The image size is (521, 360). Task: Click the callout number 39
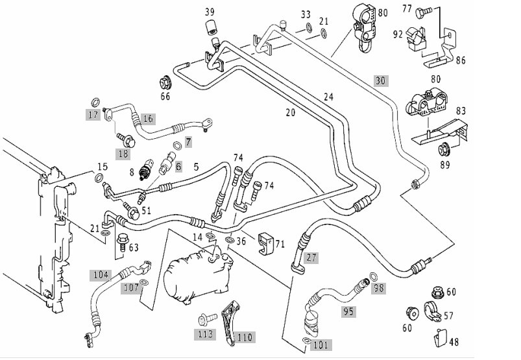coord(210,12)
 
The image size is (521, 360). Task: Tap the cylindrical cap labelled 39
coord(212,27)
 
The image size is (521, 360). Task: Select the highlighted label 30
coord(381,80)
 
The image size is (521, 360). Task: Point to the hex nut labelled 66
coord(165,82)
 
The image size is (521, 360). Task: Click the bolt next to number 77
coord(423,12)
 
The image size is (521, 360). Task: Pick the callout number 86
coord(461,60)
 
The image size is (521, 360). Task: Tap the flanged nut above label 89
coord(444,149)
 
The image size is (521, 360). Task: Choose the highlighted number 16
coord(148,119)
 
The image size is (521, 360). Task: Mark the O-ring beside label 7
coord(178,145)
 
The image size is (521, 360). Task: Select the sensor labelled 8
coord(146,169)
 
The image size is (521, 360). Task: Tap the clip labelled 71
coord(265,243)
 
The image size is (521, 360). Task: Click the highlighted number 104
coord(101,275)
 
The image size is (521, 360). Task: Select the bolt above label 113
coord(208,320)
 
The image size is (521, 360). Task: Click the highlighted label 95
coord(348,311)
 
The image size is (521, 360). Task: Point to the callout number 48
coord(454,342)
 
